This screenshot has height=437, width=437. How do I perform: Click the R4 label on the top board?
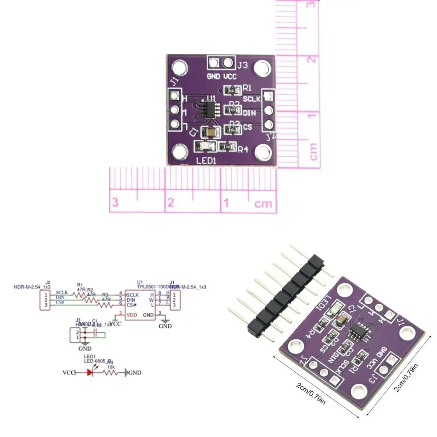pyautogui.click(x=243, y=149)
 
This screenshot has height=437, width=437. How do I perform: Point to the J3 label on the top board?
pyautogui.click(x=242, y=65)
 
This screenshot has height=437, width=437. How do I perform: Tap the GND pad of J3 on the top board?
pyautogui.click(x=213, y=63)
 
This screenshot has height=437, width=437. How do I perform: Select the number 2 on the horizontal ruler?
pyautogui.click(x=170, y=202)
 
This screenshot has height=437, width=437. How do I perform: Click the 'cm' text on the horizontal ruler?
pyautogui.click(x=263, y=204)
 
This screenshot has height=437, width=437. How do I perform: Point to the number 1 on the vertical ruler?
pyautogui.click(x=313, y=116)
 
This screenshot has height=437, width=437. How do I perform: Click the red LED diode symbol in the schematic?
pyautogui.click(x=90, y=373)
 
